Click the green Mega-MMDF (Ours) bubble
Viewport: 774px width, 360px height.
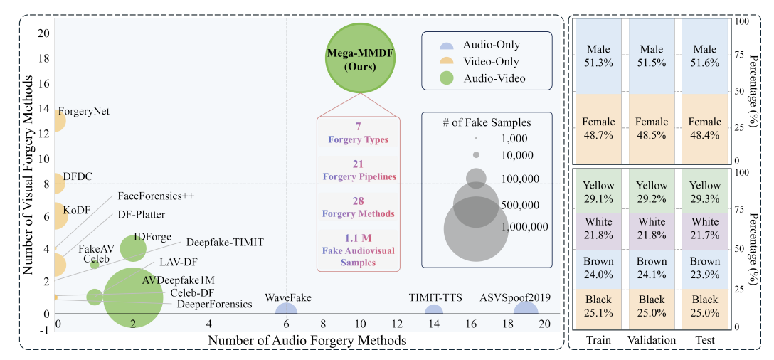click(361, 58)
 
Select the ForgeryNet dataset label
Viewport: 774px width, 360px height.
click(83, 111)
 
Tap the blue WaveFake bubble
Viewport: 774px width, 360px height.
click(286, 312)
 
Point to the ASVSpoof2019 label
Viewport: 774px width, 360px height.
click(518, 297)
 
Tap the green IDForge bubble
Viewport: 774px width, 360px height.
click(133, 248)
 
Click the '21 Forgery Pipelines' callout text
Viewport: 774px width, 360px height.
click(359, 171)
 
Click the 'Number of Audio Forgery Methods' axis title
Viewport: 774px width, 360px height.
click(307, 340)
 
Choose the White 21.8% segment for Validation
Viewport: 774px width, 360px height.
click(651, 230)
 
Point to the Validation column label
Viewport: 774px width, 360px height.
click(651, 341)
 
